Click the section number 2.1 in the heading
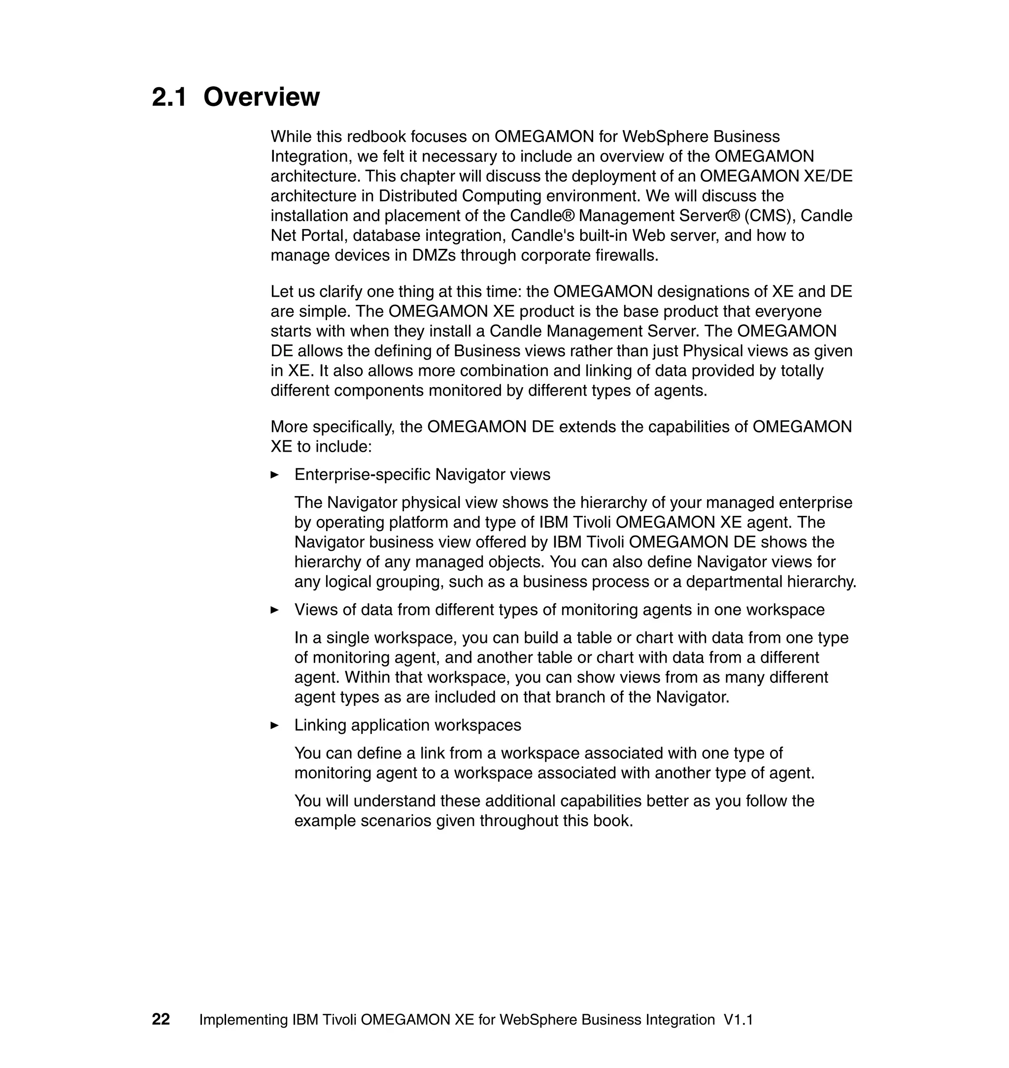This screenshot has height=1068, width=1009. coord(169,98)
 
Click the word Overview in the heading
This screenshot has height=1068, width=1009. coord(262,98)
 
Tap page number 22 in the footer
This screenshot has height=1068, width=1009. coord(161,1019)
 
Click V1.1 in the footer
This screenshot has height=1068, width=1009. coord(738,1020)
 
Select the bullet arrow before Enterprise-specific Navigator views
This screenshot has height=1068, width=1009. coord(274,475)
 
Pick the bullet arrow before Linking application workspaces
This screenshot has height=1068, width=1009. coord(274,726)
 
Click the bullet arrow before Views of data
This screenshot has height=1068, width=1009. coord(274,610)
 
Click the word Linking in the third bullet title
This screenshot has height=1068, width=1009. coord(320,726)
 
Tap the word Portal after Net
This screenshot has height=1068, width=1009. coord(322,235)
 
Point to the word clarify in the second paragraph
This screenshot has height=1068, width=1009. coord(341,292)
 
